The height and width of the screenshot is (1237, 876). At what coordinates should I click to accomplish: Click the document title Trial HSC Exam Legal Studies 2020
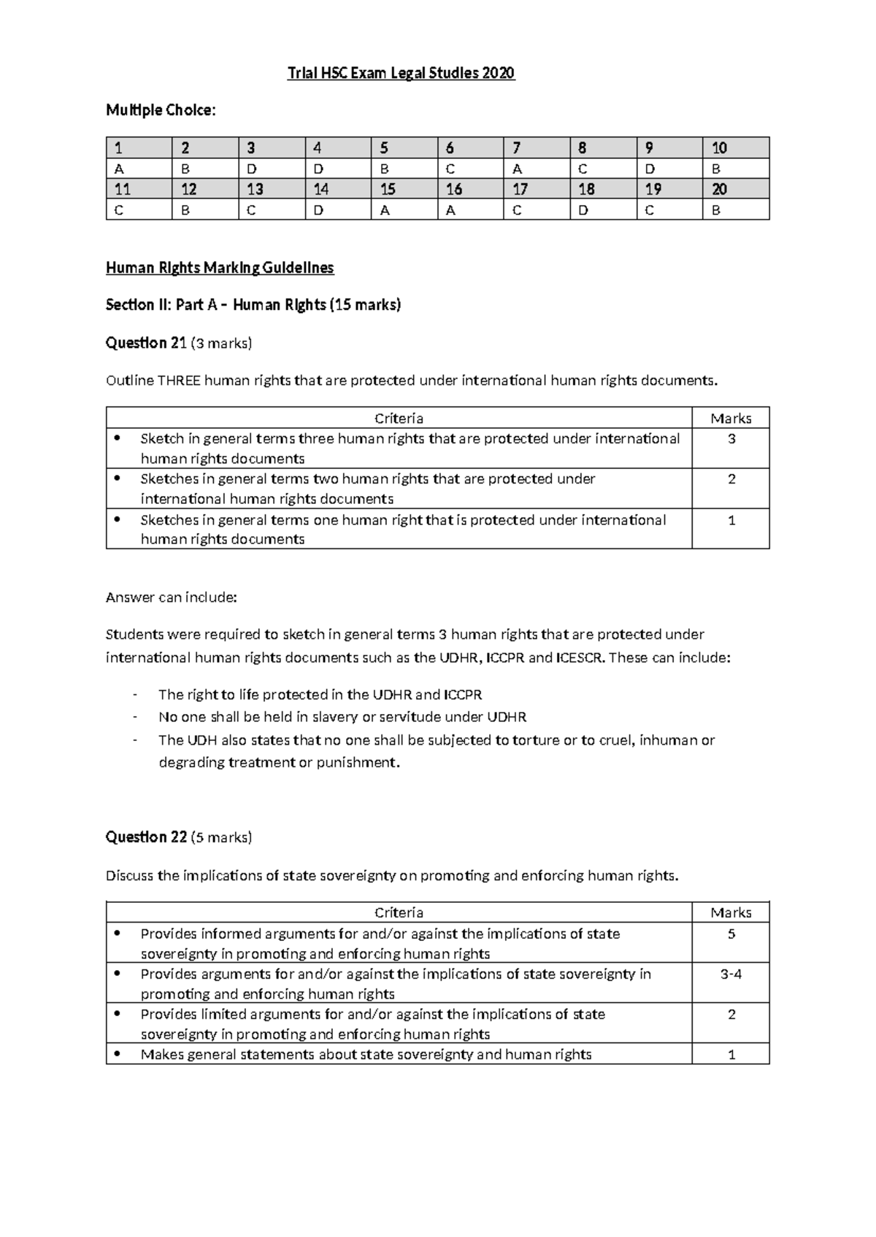click(401, 73)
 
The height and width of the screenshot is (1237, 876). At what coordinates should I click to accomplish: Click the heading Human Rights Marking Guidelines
click(220, 268)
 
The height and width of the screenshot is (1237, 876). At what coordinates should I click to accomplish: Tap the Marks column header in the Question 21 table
click(731, 419)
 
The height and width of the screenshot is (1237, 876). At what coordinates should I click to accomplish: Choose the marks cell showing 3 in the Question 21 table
click(731, 439)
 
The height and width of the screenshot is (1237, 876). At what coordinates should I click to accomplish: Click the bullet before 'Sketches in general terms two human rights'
click(116, 479)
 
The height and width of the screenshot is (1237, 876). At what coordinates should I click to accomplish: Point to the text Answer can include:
click(172, 597)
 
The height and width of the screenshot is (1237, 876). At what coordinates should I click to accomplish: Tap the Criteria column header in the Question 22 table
click(399, 912)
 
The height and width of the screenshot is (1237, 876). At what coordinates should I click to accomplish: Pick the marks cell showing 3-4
click(731, 974)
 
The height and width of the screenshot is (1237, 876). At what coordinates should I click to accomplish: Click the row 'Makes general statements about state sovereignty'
click(366, 1054)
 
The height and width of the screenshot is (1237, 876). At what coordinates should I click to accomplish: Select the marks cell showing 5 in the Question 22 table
click(731, 934)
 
